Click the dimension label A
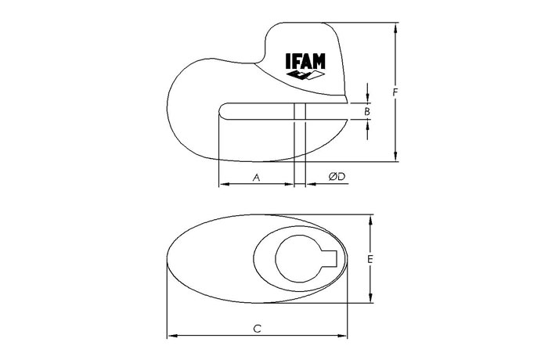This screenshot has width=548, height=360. pos(257,178)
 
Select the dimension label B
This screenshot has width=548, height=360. pos(367,112)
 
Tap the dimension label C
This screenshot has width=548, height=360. pos(258,329)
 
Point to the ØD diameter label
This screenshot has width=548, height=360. pos(337,177)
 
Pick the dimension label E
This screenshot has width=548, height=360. pos(370,259)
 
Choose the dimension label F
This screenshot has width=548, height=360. pos(395,92)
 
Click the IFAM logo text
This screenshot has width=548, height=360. pos(305,61)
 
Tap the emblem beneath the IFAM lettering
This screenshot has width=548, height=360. pos(305,75)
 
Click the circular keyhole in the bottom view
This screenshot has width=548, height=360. pos(297,259)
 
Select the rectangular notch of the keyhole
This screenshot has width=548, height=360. pos(329,259)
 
